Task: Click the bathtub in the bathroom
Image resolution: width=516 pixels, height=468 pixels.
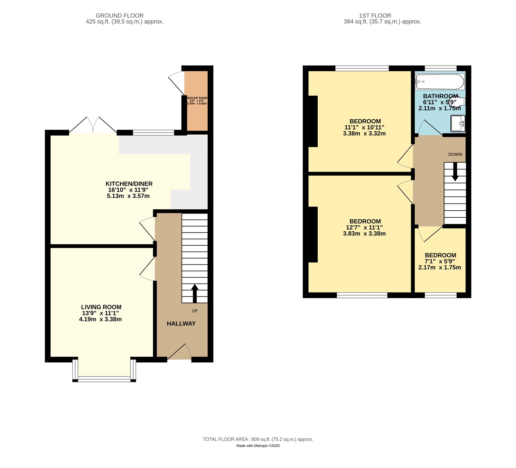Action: point(440,82)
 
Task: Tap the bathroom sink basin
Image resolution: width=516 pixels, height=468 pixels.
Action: point(458,124)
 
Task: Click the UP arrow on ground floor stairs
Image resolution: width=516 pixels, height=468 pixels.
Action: point(195,293)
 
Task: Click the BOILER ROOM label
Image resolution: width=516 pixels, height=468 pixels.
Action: point(197,98)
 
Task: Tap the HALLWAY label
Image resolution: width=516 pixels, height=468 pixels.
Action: point(181,324)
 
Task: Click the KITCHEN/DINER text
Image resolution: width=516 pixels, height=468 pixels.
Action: point(129,184)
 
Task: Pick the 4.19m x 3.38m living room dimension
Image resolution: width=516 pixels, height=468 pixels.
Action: point(100,319)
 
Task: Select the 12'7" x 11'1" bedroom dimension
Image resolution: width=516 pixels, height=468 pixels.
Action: point(364,227)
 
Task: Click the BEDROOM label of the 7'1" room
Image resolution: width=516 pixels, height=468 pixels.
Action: point(440,255)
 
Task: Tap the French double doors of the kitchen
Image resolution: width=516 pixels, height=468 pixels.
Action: point(93,125)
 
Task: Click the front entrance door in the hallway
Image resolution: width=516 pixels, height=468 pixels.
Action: point(179,352)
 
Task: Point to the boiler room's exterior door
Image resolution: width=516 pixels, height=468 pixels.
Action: point(176,83)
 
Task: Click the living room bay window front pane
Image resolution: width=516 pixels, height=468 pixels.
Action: point(104,379)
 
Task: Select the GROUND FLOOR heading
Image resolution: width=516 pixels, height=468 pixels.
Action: point(119,15)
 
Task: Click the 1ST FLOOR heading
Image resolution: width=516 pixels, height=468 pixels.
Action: point(375,15)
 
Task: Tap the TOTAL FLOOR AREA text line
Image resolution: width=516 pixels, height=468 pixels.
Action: point(258,439)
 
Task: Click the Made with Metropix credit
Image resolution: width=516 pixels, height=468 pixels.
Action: point(258,446)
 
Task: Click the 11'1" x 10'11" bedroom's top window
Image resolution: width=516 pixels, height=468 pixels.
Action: point(362,68)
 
